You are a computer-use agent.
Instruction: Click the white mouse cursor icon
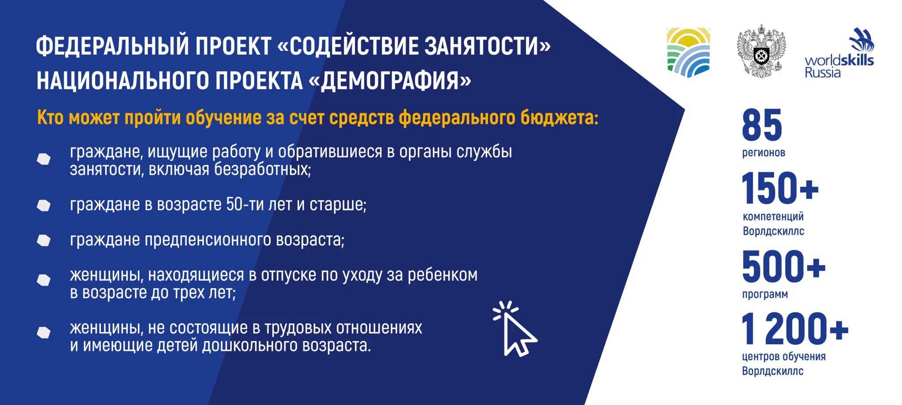(516, 330)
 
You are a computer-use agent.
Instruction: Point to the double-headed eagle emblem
(762, 51)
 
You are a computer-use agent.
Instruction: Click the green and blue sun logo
(688, 52)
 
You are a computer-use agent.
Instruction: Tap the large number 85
(762, 125)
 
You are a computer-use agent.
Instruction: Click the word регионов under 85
(763, 153)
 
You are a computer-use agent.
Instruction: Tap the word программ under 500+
(765, 294)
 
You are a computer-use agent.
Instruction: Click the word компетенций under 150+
(773, 216)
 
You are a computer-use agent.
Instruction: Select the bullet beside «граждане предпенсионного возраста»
(44, 240)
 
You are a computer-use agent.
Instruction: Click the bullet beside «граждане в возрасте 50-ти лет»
(44, 205)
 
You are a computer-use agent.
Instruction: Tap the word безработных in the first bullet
(262, 169)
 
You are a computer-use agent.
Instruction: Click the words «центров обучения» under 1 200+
(784, 356)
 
